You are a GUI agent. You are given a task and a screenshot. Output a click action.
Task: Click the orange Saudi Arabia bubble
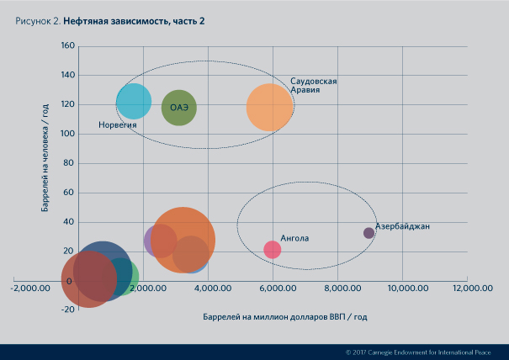(x=270, y=107)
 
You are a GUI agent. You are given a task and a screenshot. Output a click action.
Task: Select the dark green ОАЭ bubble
(x=179, y=108)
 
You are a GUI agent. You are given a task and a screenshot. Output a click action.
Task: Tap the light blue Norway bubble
(x=134, y=102)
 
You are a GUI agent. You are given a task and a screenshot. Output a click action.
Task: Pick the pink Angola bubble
(x=272, y=250)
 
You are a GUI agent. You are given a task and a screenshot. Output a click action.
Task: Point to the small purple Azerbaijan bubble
(x=368, y=233)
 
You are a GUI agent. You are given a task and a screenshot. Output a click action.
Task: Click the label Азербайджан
(x=403, y=227)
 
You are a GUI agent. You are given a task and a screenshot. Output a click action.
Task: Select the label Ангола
(x=294, y=238)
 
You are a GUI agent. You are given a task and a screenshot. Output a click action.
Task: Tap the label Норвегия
(x=117, y=124)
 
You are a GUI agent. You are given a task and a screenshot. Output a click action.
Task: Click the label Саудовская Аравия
(x=314, y=85)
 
